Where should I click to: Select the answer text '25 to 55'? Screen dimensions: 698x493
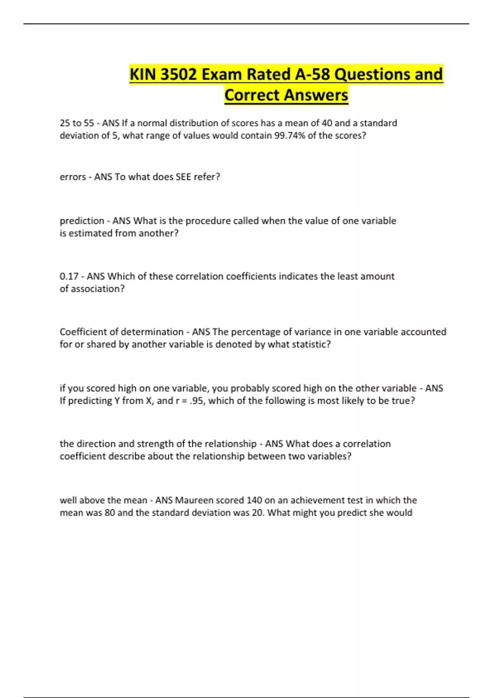(77, 123)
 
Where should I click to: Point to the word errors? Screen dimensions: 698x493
(73, 177)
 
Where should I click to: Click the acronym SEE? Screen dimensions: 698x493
(183, 177)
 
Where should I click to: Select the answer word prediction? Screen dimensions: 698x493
(82, 221)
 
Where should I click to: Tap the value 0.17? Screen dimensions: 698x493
(69, 276)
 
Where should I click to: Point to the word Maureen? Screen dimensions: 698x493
(194, 501)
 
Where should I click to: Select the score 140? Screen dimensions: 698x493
(251, 501)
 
